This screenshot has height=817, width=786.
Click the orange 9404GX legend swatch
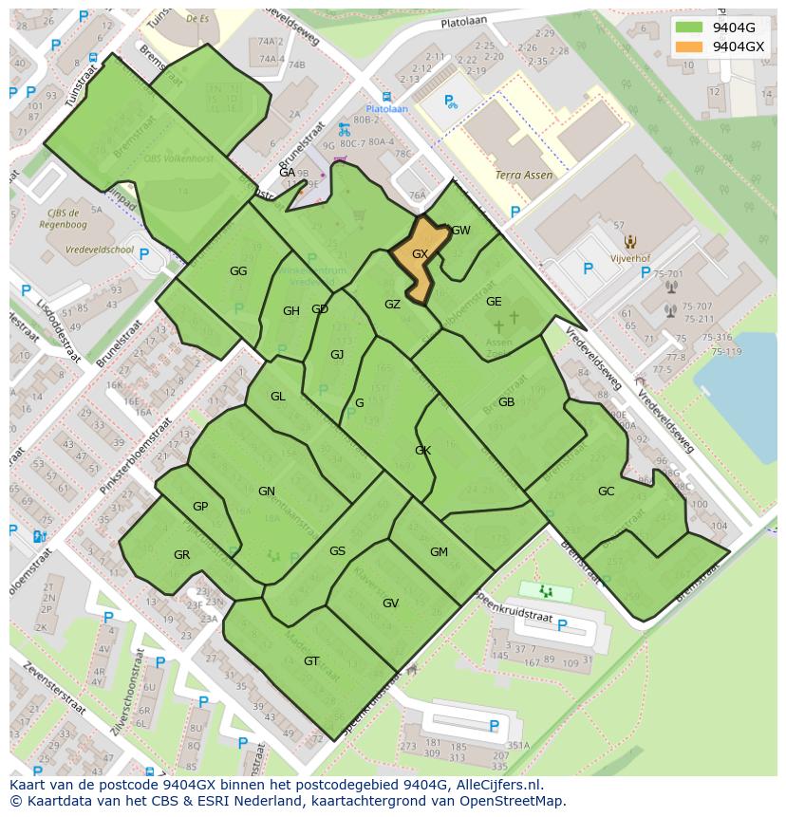click(690, 46)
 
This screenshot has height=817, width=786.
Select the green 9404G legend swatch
click(690, 28)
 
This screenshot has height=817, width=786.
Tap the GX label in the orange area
click(421, 254)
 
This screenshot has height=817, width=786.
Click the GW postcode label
click(461, 231)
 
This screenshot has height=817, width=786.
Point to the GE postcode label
click(494, 302)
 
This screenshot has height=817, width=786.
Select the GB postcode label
click(506, 402)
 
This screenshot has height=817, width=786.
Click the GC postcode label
click(606, 492)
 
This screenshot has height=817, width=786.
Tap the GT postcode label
click(311, 661)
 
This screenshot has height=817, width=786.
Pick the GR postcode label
click(181, 555)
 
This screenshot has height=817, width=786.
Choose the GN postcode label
click(267, 492)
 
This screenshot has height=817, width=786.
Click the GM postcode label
click(439, 552)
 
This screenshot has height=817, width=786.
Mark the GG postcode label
click(238, 271)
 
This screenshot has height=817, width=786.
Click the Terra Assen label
click(523, 176)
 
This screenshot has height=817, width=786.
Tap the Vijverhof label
click(629, 257)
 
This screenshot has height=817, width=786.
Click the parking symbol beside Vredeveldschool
click(144, 254)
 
